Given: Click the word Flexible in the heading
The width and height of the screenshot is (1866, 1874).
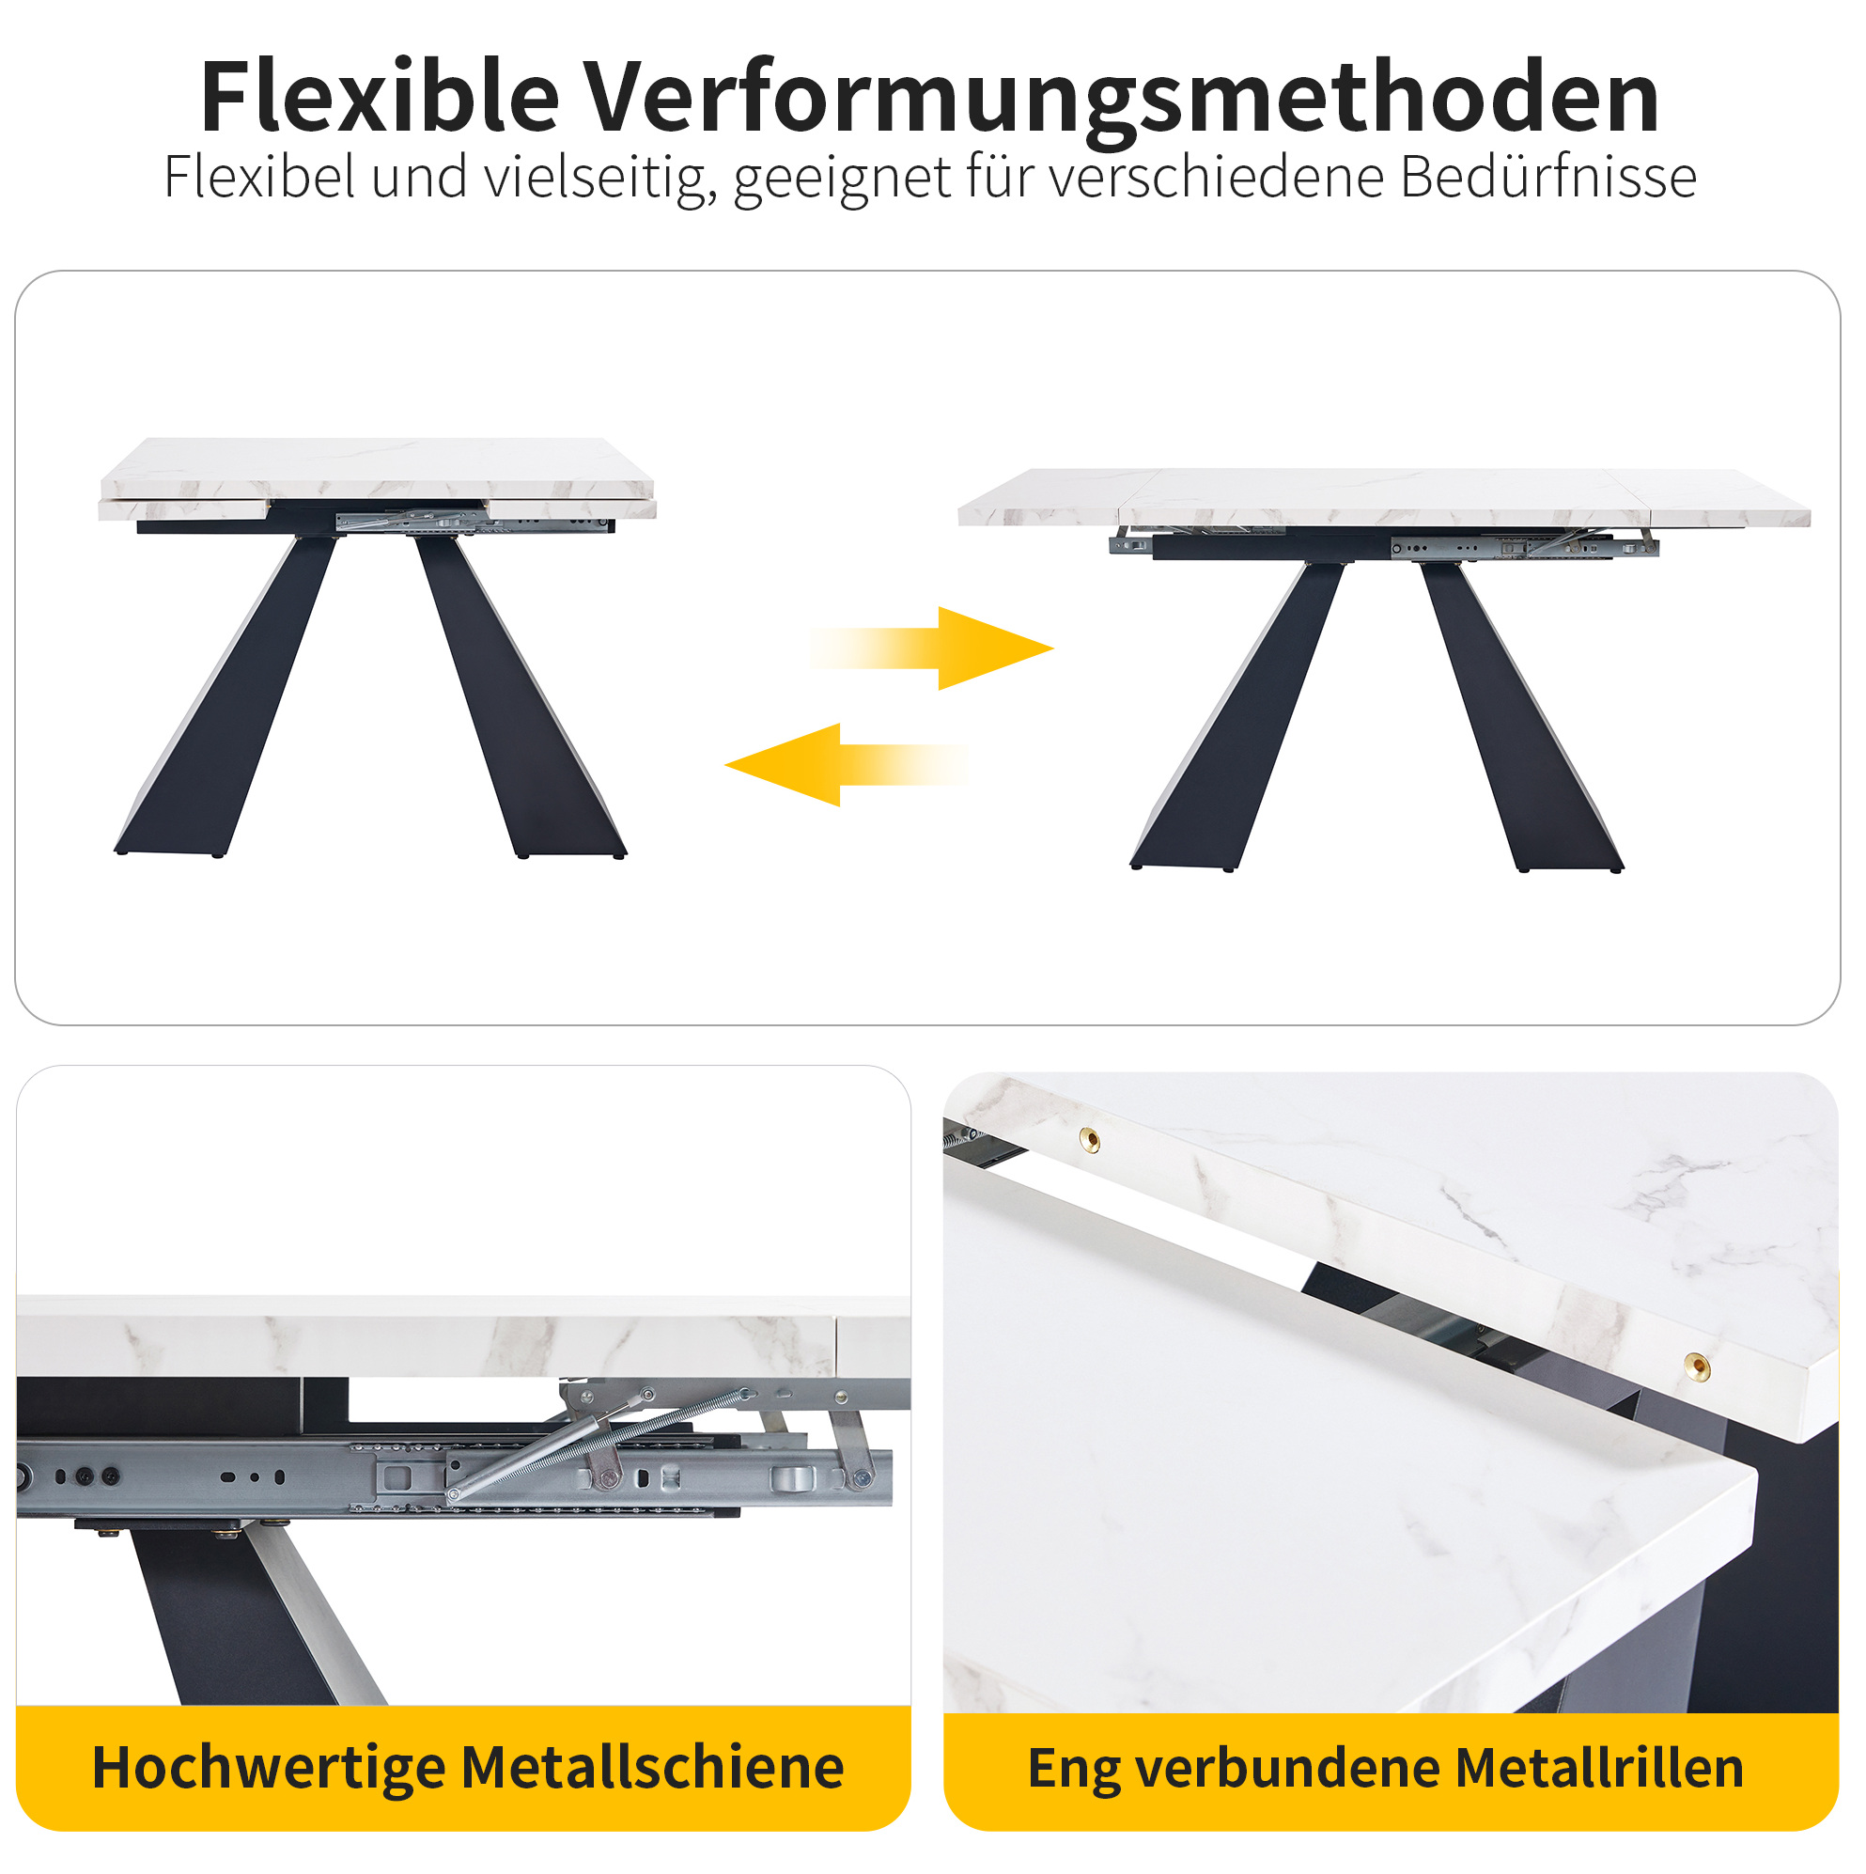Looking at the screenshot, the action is (380, 97).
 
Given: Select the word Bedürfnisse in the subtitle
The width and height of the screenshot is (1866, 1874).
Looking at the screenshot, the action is (1547, 177).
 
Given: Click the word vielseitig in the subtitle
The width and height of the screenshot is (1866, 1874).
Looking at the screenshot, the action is (600, 179).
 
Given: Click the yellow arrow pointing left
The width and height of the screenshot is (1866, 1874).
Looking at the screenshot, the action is (846, 765).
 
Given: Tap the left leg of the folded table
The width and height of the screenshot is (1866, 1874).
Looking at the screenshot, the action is (225, 694).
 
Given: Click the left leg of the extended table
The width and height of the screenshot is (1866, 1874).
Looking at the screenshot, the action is (1237, 716).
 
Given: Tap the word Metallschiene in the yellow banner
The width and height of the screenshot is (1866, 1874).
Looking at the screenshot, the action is (652, 1766).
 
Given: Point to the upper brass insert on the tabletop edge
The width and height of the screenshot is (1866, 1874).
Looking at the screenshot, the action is (1090, 1139).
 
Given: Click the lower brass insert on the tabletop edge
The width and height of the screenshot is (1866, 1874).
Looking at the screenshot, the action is (1696, 1366).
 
